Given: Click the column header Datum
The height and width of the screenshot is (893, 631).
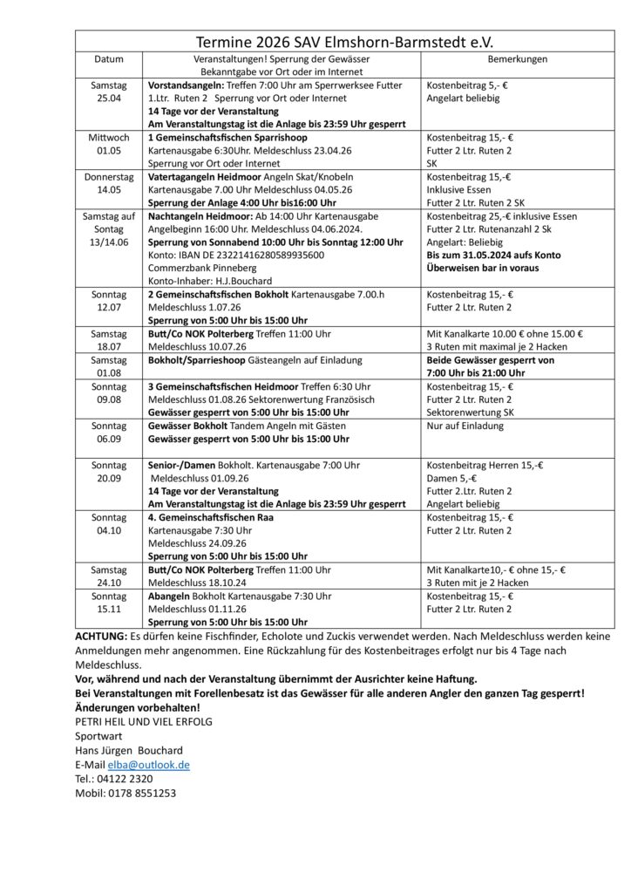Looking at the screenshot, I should (109, 59).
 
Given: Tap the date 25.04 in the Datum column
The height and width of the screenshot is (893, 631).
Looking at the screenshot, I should (109, 99).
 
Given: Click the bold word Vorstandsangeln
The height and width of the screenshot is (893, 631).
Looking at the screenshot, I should (186, 85).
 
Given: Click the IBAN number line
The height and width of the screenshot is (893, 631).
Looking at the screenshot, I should (236, 255).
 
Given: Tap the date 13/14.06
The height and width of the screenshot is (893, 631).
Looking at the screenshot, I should (109, 242).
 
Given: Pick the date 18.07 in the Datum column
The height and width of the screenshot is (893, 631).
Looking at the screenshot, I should (109, 346).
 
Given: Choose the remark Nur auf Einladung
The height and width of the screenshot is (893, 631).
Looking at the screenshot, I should (465, 426).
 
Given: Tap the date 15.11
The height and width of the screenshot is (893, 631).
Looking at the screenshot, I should (109, 609).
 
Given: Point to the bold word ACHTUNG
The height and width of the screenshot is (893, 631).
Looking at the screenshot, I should (101, 636).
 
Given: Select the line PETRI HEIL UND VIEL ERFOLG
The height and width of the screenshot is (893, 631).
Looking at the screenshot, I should (144, 721).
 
